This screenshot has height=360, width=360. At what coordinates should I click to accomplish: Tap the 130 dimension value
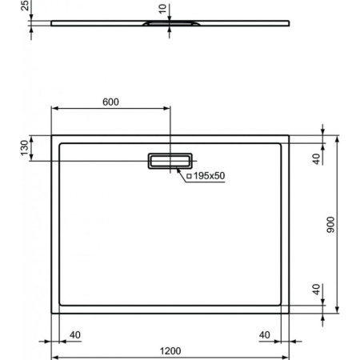pos(24,148)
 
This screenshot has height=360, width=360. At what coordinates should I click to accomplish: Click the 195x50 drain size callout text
pos(209,175)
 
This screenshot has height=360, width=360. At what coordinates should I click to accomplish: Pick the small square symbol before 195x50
pos(189,175)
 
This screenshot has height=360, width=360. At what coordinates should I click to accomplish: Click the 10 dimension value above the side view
pos(163,10)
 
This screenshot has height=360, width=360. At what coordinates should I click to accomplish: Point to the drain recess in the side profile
pos(169,24)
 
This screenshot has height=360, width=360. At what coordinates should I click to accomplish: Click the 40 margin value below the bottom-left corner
pos(76,334)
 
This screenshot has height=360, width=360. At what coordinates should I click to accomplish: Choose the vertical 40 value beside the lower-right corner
pos(316,289)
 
